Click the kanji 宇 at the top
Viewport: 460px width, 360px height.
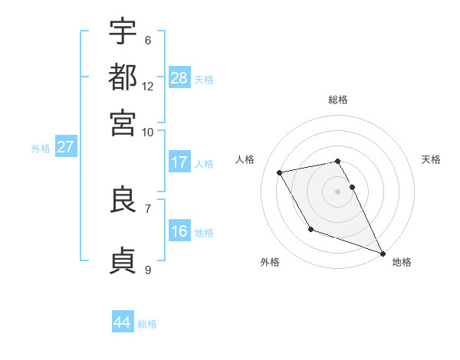tap(123, 31)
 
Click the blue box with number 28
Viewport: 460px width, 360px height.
tap(179, 78)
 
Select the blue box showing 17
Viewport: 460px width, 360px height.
tap(179, 162)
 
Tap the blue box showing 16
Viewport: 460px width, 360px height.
tap(179, 231)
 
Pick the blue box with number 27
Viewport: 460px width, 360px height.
tap(65, 147)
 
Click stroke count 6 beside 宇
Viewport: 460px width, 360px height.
tap(147, 40)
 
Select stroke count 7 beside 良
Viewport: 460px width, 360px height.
tap(147, 208)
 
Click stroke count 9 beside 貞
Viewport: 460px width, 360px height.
tap(147, 270)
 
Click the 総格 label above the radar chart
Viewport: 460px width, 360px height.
tap(338, 100)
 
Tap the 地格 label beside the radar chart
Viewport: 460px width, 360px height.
tap(402, 262)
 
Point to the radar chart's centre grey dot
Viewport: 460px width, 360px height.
tap(338, 191)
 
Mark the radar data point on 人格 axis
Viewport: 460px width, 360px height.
tap(280, 173)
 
